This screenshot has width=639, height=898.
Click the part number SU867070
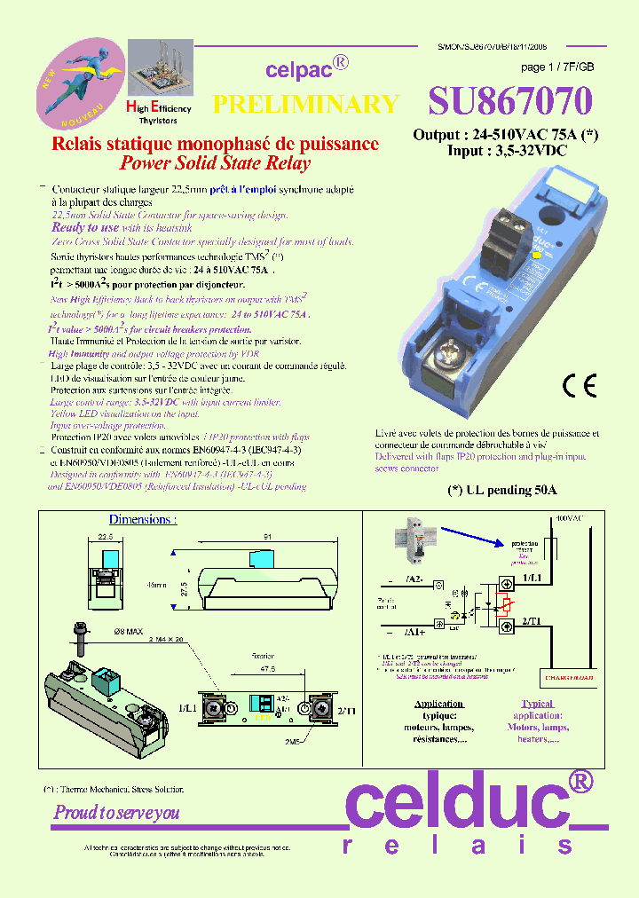tap(509, 102)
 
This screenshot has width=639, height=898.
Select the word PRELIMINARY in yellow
tap(306, 104)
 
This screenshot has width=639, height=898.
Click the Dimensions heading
tap(142, 519)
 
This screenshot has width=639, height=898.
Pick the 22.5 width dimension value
tap(106, 536)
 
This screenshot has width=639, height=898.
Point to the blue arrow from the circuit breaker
tap(476, 535)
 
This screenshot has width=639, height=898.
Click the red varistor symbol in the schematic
tap(506, 606)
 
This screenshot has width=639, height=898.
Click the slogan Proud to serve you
tap(116, 812)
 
